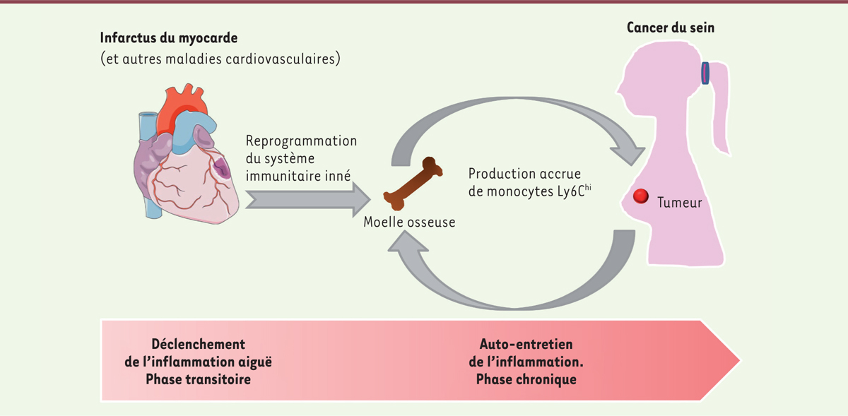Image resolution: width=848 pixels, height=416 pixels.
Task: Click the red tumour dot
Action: click(642, 197)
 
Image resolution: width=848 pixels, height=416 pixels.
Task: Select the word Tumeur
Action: click(679, 203)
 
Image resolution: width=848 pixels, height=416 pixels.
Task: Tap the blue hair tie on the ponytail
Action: click(706, 72)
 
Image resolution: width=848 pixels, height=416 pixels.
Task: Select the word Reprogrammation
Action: click(301, 141)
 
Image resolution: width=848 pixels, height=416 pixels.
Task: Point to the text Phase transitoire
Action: click(198, 379)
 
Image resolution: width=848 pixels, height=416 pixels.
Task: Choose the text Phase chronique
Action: click(526, 379)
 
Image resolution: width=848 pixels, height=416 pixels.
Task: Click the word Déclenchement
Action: click(198, 345)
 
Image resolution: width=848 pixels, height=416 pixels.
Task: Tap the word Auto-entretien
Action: click(526, 345)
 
